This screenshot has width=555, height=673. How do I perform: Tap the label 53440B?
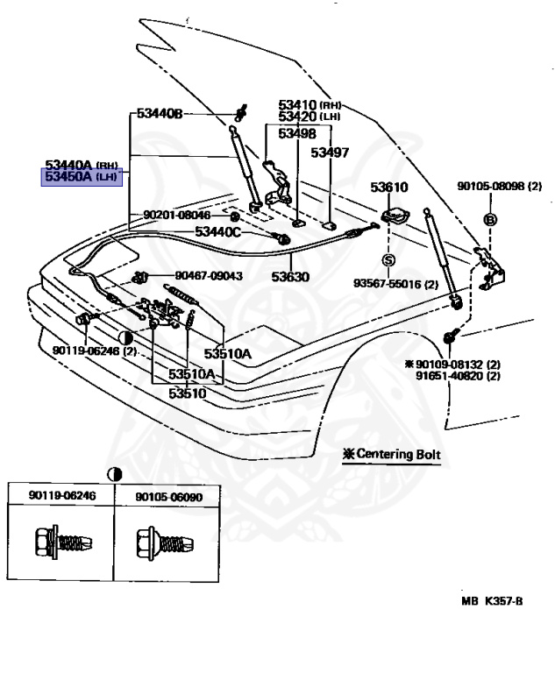[x=159, y=114]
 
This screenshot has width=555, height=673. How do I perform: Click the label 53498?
[x=297, y=133]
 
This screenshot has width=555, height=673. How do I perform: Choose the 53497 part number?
[x=331, y=152]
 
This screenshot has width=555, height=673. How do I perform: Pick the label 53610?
[x=388, y=187]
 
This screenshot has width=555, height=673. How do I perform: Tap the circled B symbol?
[x=490, y=218]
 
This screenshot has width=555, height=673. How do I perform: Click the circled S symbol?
[x=388, y=259]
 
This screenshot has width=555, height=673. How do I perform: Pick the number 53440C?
[x=217, y=232]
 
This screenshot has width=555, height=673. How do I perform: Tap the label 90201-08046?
[x=177, y=215]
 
